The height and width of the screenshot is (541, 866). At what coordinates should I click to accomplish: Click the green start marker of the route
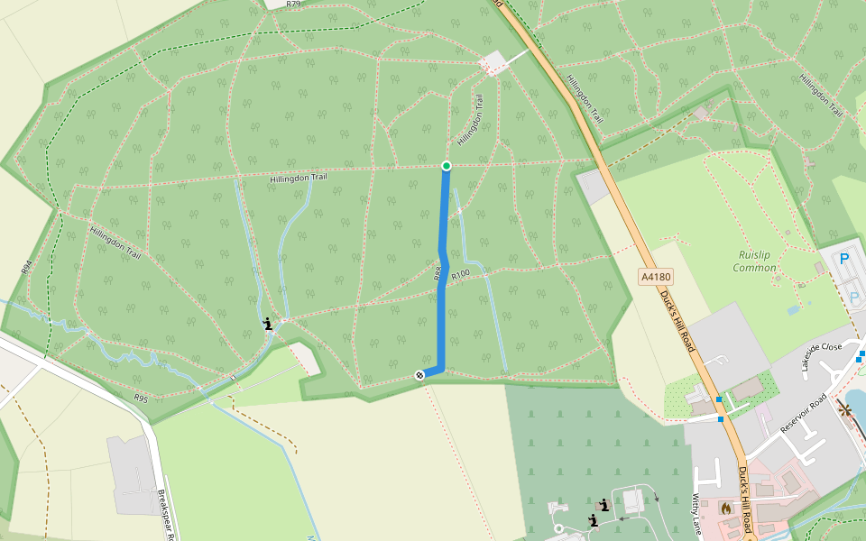[x=446, y=165]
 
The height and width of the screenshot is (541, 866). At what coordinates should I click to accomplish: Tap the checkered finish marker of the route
[x=420, y=374]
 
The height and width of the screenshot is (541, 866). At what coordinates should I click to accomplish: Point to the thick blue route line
[x=442, y=298]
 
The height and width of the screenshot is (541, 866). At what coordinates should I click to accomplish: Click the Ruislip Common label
[x=754, y=261]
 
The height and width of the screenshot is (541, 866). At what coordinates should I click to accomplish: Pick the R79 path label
[x=292, y=5]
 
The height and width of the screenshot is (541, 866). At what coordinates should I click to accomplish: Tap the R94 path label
[x=26, y=267]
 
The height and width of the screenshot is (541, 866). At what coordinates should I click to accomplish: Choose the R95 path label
[x=140, y=397]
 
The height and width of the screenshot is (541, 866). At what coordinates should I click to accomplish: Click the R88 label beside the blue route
[x=438, y=272]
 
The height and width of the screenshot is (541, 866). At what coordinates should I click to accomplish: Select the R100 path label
[x=460, y=274]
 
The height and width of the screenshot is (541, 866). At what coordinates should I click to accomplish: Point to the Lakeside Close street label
[x=819, y=348]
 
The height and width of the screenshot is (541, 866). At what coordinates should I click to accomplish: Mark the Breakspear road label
[x=166, y=514]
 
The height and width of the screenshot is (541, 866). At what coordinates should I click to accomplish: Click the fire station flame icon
[x=725, y=509]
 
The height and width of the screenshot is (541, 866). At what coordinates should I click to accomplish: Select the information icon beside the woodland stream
[x=267, y=324]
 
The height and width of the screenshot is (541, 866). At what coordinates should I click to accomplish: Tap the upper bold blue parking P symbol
[x=844, y=259]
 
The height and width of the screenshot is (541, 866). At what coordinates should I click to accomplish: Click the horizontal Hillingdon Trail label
[x=298, y=179]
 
